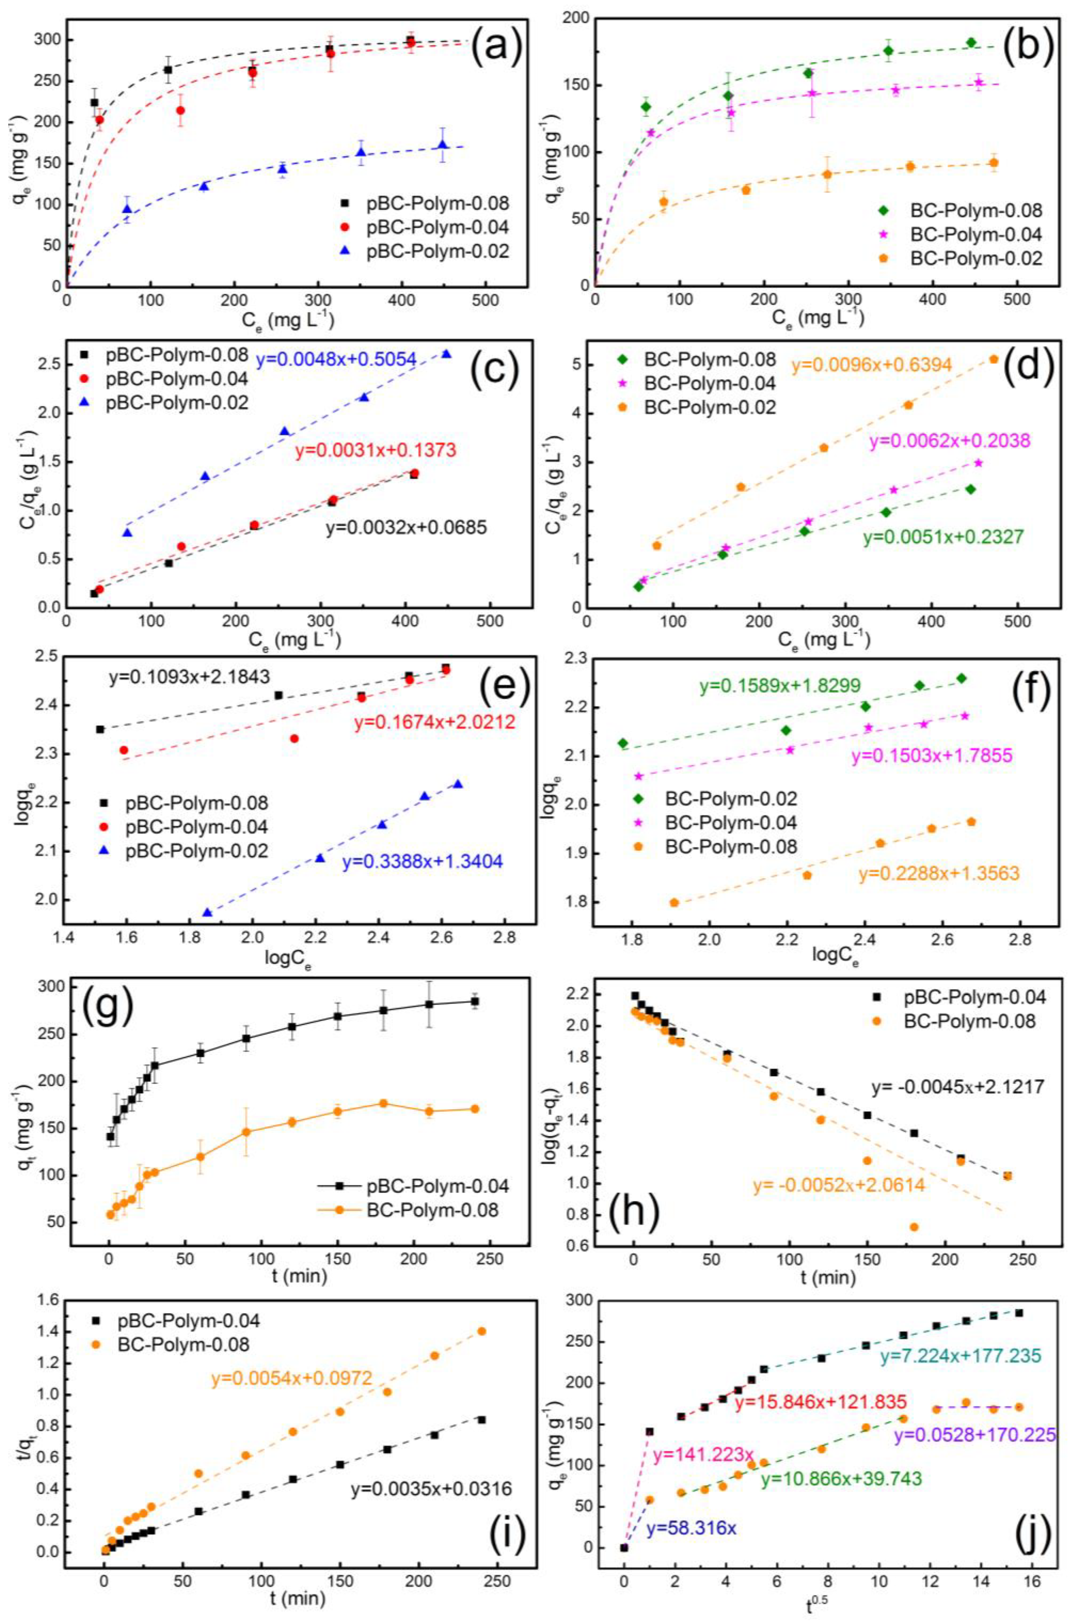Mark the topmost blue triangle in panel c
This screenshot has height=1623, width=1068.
446,353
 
